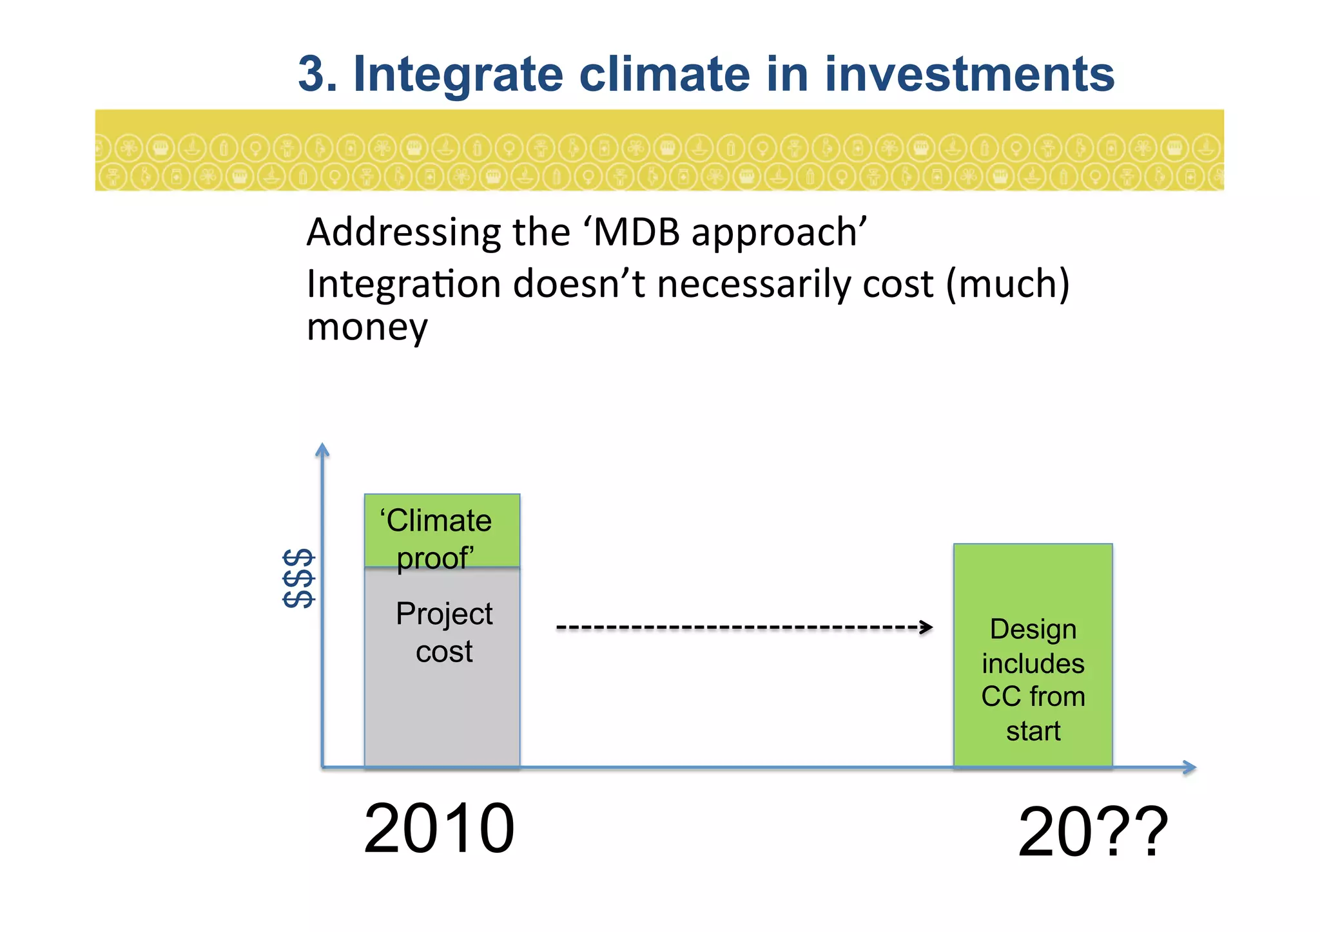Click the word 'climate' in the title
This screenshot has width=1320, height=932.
(665, 74)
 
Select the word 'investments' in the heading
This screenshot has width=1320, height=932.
(969, 74)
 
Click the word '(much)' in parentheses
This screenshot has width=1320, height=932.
(1007, 284)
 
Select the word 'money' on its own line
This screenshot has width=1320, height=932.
(367, 328)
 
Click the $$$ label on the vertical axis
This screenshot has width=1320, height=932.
(298, 578)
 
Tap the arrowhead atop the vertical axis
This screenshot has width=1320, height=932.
(322, 449)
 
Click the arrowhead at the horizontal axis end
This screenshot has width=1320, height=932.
(1190, 767)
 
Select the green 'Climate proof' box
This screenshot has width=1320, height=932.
(442, 530)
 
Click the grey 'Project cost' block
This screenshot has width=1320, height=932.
(442, 689)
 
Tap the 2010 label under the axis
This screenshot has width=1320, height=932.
(439, 828)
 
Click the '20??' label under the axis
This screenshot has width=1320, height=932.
(1092, 832)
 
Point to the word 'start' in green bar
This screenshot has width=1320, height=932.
(1033, 731)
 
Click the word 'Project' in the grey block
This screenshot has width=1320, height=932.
(444, 613)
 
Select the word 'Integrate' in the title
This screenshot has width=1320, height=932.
(458, 74)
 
